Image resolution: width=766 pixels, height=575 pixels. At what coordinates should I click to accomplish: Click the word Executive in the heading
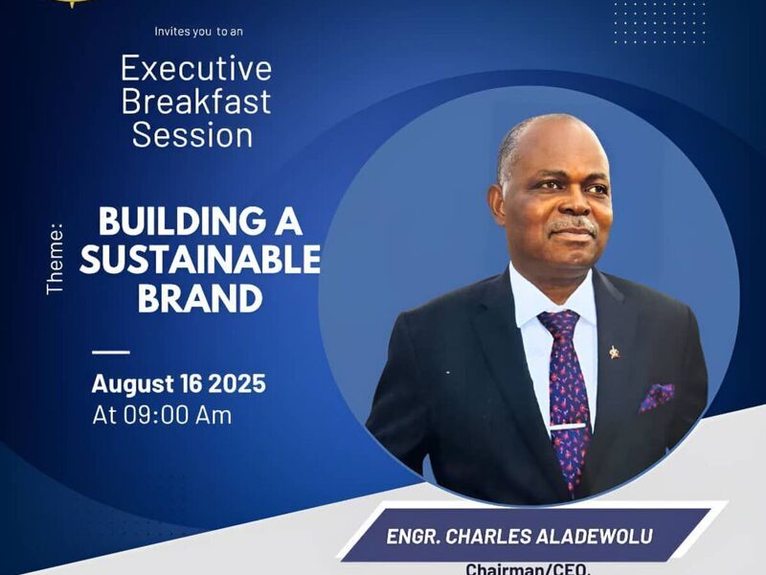[x=196, y=69]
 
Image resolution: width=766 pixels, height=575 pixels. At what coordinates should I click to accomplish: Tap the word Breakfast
[x=196, y=102]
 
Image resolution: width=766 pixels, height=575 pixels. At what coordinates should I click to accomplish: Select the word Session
[x=192, y=135]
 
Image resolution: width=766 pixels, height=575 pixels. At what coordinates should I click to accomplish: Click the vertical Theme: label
[x=55, y=259]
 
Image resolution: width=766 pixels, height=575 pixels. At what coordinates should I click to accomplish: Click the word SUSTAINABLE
[x=200, y=259]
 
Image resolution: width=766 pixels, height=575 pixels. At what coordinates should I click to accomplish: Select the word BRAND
[x=200, y=298]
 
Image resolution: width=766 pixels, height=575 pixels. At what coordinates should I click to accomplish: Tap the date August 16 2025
[x=179, y=383]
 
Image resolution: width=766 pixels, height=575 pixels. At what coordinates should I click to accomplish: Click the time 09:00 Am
[x=177, y=416]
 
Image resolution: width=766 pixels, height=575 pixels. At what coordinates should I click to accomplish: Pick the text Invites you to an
[x=199, y=32]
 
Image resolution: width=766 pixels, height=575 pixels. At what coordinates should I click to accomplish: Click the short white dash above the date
[x=111, y=352]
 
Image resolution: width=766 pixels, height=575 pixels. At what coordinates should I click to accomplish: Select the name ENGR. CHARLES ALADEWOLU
[x=519, y=537]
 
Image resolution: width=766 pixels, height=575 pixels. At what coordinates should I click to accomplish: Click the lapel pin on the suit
[x=615, y=352]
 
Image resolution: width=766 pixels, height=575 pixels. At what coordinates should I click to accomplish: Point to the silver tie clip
[x=568, y=426]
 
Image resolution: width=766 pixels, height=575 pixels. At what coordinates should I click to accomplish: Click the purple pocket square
[x=658, y=397]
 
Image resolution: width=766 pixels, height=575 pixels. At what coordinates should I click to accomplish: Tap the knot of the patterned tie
[x=560, y=322]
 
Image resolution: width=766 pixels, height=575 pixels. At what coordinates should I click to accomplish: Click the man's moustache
[x=573, y=226]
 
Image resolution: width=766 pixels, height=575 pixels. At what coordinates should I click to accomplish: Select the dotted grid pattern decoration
[x=659, y=22]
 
